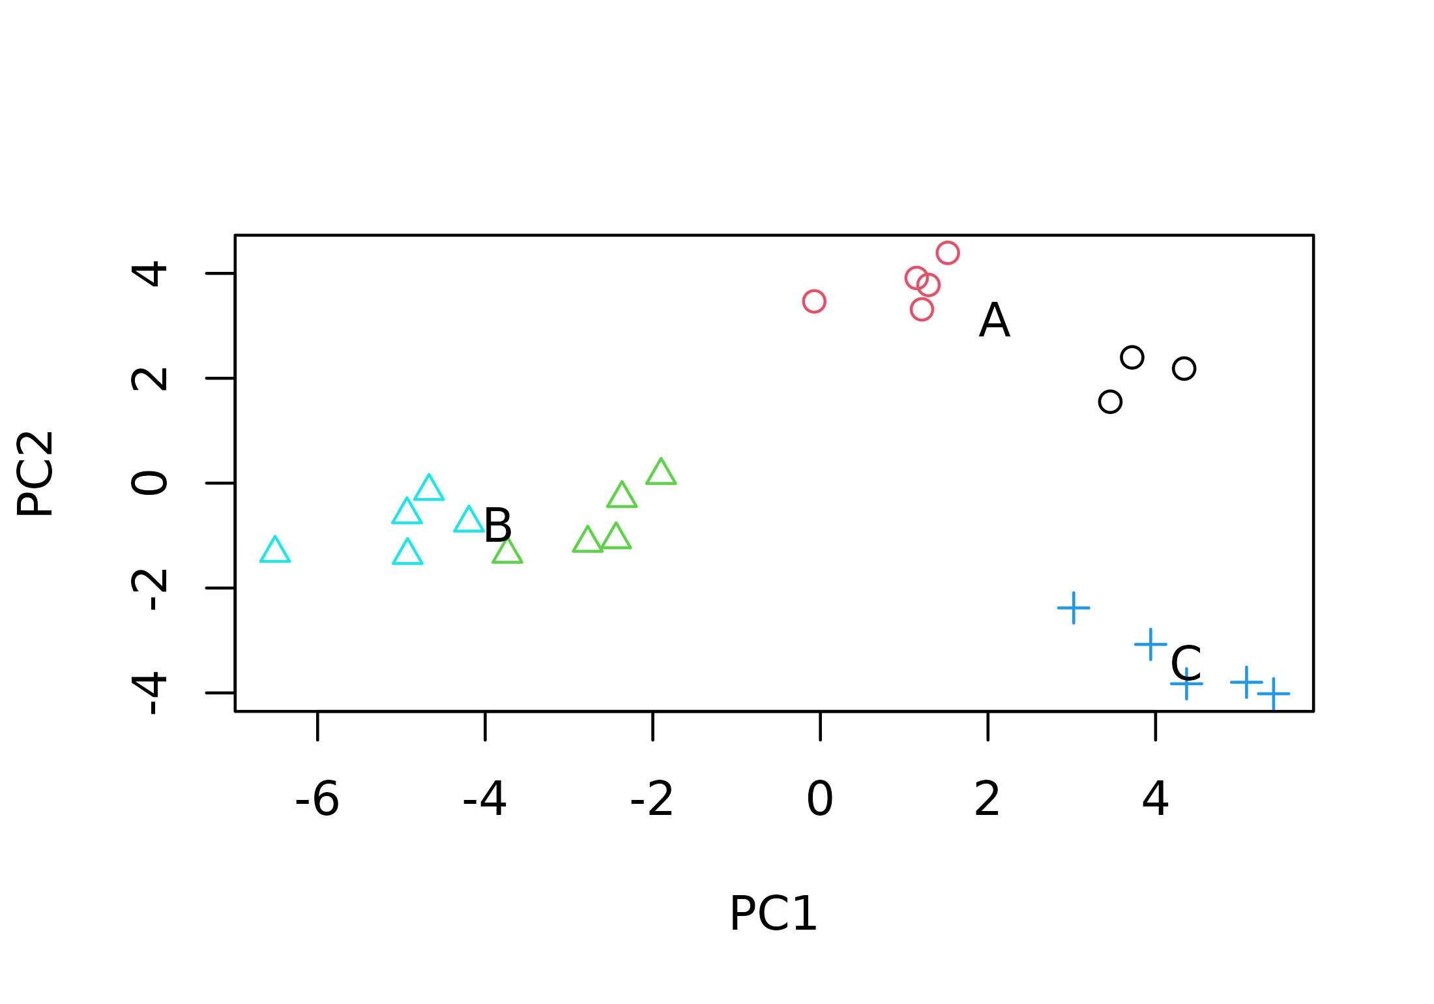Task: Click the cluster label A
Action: coord(994,320)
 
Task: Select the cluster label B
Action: coord(498,525)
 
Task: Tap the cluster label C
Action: coord(1186,664)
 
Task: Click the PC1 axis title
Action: coord(773,914)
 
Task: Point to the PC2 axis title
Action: coord(35,474)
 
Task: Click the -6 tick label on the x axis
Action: coord(317,799)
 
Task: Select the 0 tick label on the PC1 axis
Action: coord(820,799)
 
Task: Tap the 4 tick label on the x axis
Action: coord(1156,799)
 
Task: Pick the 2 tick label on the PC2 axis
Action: coord(150,379)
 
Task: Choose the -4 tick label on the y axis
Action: coord(150,695)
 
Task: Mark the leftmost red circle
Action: coord(814,301)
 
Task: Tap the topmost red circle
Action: coord(948,253)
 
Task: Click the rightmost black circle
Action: coord(1184,368)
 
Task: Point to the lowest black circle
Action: coord(1110,402)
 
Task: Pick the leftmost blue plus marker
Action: coord(1074,608)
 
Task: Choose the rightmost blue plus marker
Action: coord(1274,694)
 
